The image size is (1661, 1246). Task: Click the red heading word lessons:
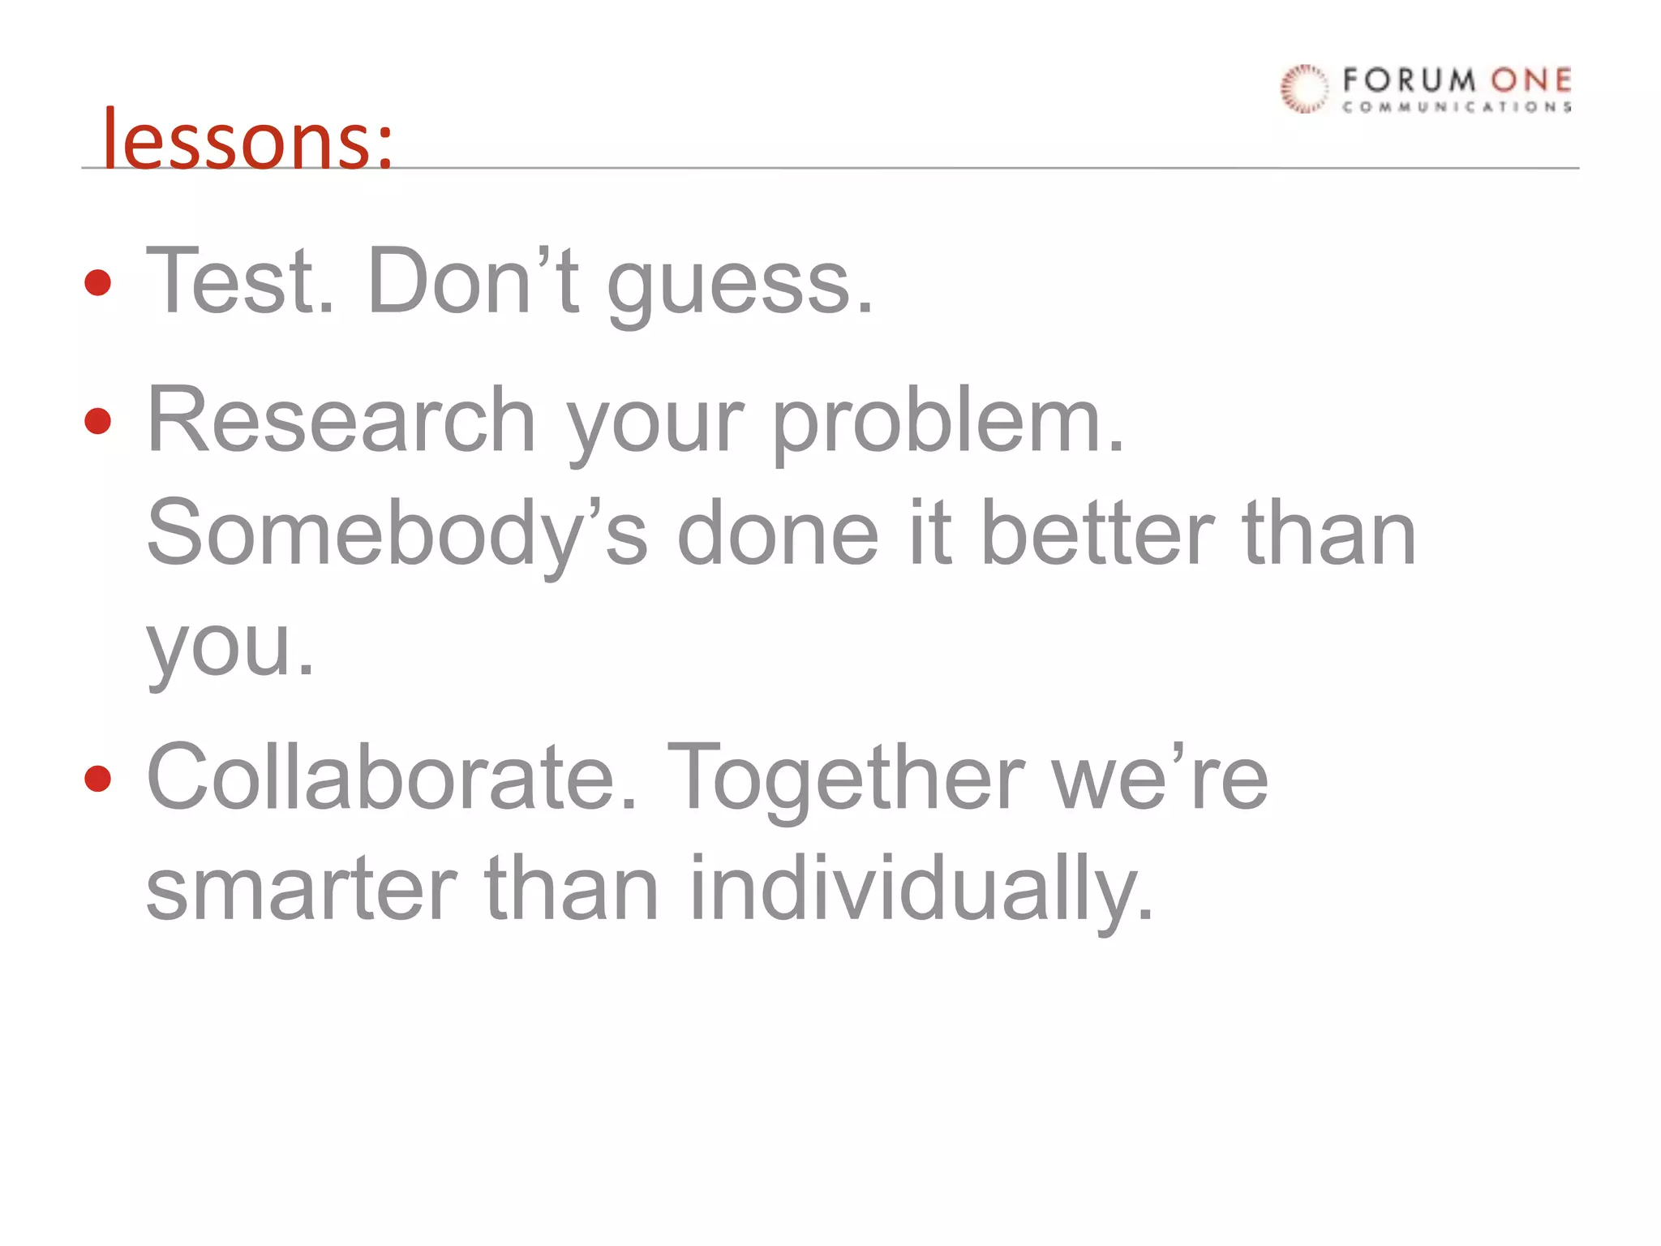[247, 140]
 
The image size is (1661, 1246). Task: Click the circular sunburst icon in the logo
[1304, 88]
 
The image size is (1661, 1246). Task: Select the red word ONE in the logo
[1531, 80]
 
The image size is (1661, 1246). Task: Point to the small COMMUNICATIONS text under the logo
[1457, 107]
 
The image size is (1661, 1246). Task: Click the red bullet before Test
[98, 283]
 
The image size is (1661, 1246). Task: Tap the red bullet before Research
[98, 421]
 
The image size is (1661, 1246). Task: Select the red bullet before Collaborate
[98, 778]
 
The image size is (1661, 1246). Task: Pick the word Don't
[473, 281]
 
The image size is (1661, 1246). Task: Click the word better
[1098, 534]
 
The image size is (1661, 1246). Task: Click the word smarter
[302, 889]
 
